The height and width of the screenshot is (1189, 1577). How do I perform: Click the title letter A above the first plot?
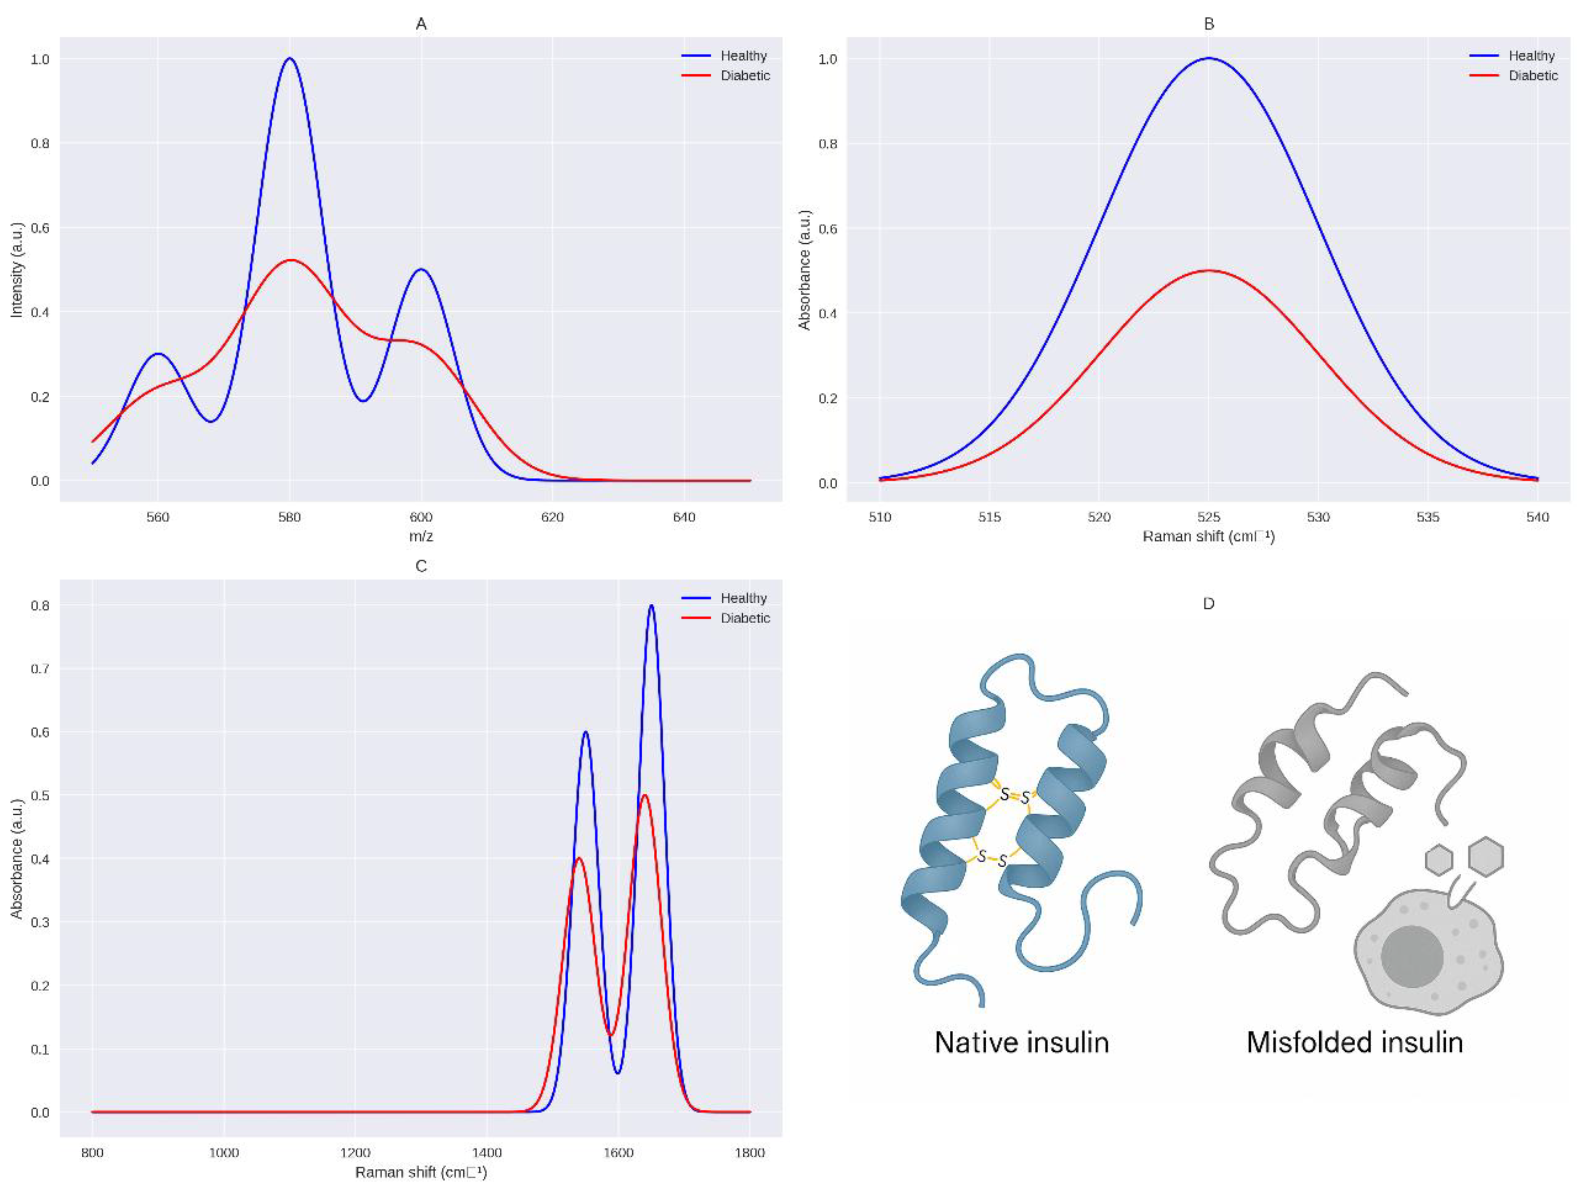click(x=421, y=24)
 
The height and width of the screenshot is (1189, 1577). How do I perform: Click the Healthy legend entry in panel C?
click(x=743, y=598)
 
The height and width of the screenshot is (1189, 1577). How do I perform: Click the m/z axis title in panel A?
click(x=421, y=536)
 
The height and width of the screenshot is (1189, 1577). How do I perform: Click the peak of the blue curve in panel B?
click(x=1208, y=59)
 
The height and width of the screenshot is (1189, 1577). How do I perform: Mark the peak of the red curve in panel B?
click(x=1208, y=271)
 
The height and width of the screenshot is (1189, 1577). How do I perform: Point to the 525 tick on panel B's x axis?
click(x=1208, y=517)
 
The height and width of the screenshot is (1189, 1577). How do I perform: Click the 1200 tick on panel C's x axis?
click(x=355, y=1153)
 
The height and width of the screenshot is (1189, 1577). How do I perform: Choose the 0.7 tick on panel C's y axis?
click(x=40, y=669)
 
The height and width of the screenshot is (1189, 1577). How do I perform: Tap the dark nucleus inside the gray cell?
click(x=1412, y=957)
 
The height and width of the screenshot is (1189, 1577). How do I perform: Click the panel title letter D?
click(x=1208, y=604)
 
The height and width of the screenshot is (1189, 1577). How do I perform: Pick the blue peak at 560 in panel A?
click(x=157, y=354)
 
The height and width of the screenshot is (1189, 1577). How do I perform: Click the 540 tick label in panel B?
click(x=1537, y=517)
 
